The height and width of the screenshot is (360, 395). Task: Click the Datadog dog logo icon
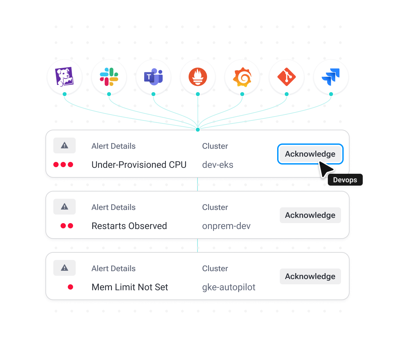tap(65, 77)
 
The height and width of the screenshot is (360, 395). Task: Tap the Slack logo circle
tap(109, 77)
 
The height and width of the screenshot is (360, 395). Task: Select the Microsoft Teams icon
tap(153, 77)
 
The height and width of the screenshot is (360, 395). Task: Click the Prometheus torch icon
tap(198, 77)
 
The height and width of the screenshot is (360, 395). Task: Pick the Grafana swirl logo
tap(242, 77)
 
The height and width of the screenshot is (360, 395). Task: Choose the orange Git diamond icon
tap(287, 77)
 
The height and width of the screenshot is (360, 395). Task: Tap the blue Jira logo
tap(331, 77)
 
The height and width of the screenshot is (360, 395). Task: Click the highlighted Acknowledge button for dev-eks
tap(310, 154)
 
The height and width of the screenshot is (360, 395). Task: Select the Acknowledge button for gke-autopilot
tap(310, 276)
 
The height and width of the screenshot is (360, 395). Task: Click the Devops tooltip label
tap(345, 180)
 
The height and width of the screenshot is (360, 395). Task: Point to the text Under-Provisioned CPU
tap(139, 165)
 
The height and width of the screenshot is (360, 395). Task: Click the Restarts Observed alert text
tap(129, 226)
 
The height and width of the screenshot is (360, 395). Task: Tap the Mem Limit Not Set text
tap(130, 287)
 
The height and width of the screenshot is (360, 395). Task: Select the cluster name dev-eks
tap(218, 165)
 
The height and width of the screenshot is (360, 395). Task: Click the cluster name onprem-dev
tap(226, 226)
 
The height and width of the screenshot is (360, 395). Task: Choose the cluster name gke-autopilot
tap(228, 287)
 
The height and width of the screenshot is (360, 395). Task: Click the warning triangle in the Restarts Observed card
tap(65, 207)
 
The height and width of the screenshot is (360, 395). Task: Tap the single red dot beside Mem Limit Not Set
tap(70, 287)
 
